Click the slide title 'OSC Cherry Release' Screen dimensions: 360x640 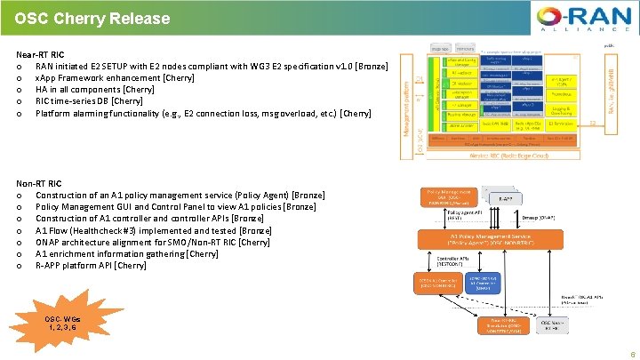pos(92,17)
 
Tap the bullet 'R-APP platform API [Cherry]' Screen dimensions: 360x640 pos(91,265)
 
